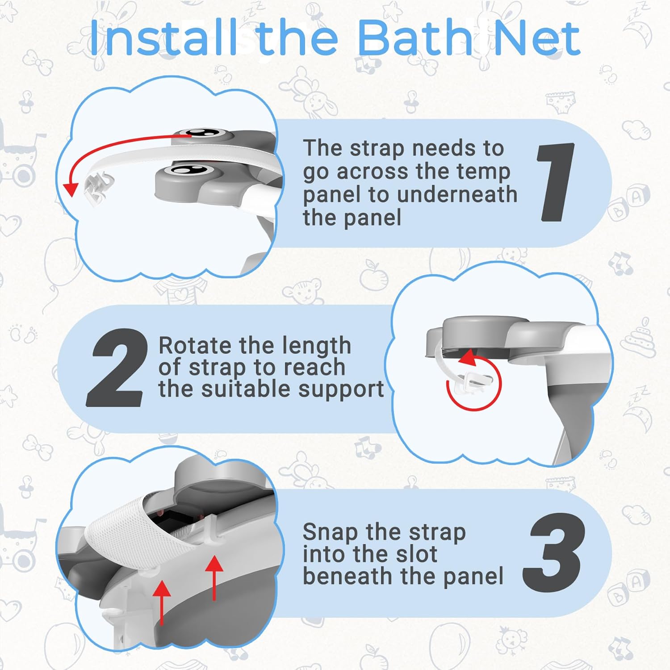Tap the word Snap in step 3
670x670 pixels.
330,532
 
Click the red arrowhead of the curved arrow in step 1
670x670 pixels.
70,189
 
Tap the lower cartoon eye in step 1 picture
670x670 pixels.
187,169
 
